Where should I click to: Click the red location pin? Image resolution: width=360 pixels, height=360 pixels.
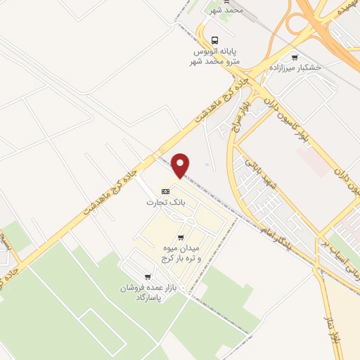tap(181, 165)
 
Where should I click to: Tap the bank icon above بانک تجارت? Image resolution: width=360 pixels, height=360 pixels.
tap(166, 191)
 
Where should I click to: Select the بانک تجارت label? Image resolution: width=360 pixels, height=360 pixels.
tap(160, 202)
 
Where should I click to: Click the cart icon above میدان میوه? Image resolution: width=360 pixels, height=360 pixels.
tap(181, 238)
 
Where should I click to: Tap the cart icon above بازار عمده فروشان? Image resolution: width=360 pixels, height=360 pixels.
tap(147, 276)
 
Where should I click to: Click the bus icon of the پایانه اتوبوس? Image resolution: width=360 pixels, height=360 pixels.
tap(216, 40)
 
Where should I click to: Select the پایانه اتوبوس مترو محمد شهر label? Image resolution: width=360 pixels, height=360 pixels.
tap(216, 57)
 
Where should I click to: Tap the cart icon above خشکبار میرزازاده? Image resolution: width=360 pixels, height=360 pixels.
tap(294, 58)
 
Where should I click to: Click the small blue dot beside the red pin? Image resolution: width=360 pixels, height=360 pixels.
tap(207, 166)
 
